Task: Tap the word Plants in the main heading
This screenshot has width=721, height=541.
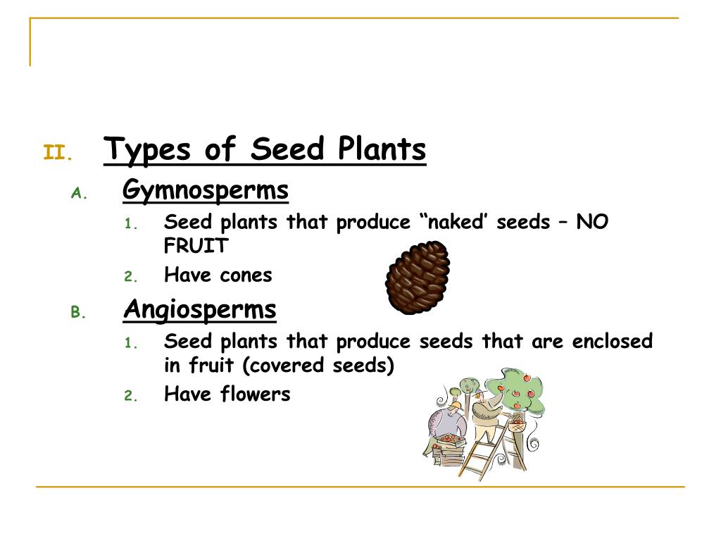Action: [x=382, y=149]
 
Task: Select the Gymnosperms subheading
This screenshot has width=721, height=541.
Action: [x=206, y=190]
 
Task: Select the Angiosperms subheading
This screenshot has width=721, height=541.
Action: [x=200, y=309]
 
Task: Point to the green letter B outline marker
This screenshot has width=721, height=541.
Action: [x=77, y=313]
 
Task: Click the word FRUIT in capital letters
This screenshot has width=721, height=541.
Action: [x=196, y=246]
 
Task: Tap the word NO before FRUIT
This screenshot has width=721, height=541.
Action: [x=592, y=223]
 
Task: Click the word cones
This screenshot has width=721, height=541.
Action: [x=246, y=275]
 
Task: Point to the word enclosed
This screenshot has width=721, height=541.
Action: [x=613, y=342]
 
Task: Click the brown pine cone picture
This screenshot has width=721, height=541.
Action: [x=417, y=278]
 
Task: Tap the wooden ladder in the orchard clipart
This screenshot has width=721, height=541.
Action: [x=485, y=451]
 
